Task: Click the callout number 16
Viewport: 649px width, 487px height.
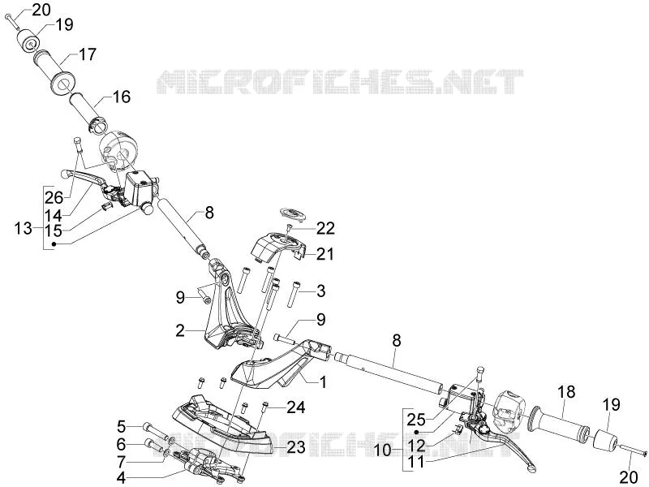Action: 121,97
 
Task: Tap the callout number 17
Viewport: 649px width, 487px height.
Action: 87,54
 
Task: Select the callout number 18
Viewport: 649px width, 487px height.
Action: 566,391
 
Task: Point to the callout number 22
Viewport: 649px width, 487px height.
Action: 325,228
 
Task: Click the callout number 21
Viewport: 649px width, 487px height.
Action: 325,253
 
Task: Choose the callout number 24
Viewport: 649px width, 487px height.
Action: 296,407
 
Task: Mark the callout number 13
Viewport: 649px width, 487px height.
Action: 24,228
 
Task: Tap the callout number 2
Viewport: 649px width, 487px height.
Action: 179,330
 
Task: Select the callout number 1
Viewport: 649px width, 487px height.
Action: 322,381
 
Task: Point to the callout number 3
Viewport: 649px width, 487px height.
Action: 321,291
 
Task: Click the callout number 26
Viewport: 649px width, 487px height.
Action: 54,197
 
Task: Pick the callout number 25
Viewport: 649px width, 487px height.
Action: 416,420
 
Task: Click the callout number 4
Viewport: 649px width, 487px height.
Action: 121,477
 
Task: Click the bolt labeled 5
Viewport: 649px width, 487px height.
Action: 155,429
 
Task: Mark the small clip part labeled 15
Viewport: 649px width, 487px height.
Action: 107,206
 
